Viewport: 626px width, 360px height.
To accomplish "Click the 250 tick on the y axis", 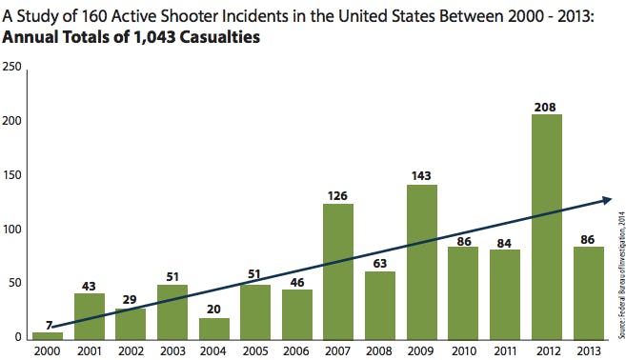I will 12,67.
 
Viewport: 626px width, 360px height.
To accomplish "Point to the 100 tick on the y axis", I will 12,230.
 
